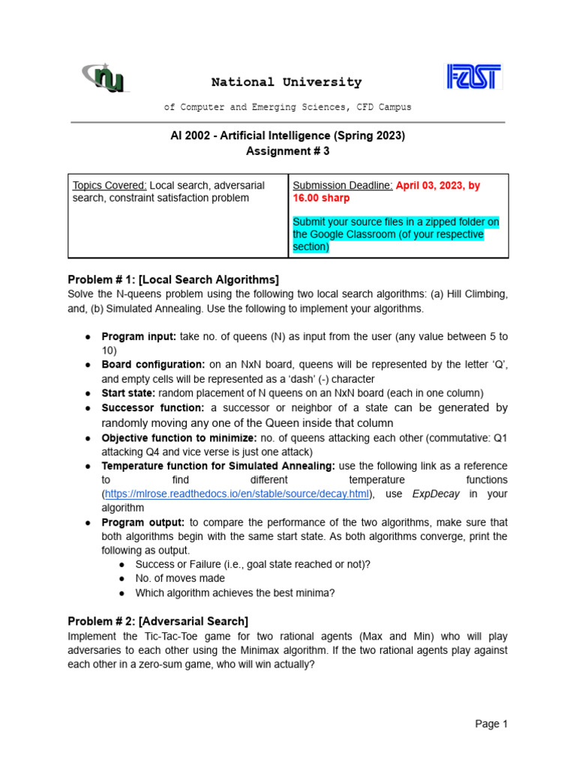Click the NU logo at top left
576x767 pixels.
[106, 76]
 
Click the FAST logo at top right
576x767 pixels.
[474, 76]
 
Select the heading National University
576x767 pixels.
[286, 82]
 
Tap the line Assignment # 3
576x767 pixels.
[287, 151]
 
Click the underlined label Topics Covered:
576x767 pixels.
[109, 186]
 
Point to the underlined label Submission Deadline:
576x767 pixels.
[342, 186]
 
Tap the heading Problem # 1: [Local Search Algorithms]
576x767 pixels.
[173, 279]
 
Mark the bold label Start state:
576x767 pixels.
[128, 393]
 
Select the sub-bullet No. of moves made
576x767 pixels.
[180, 578]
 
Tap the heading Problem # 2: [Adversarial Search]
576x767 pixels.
[158, 621]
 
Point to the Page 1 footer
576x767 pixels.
[491, 724]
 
